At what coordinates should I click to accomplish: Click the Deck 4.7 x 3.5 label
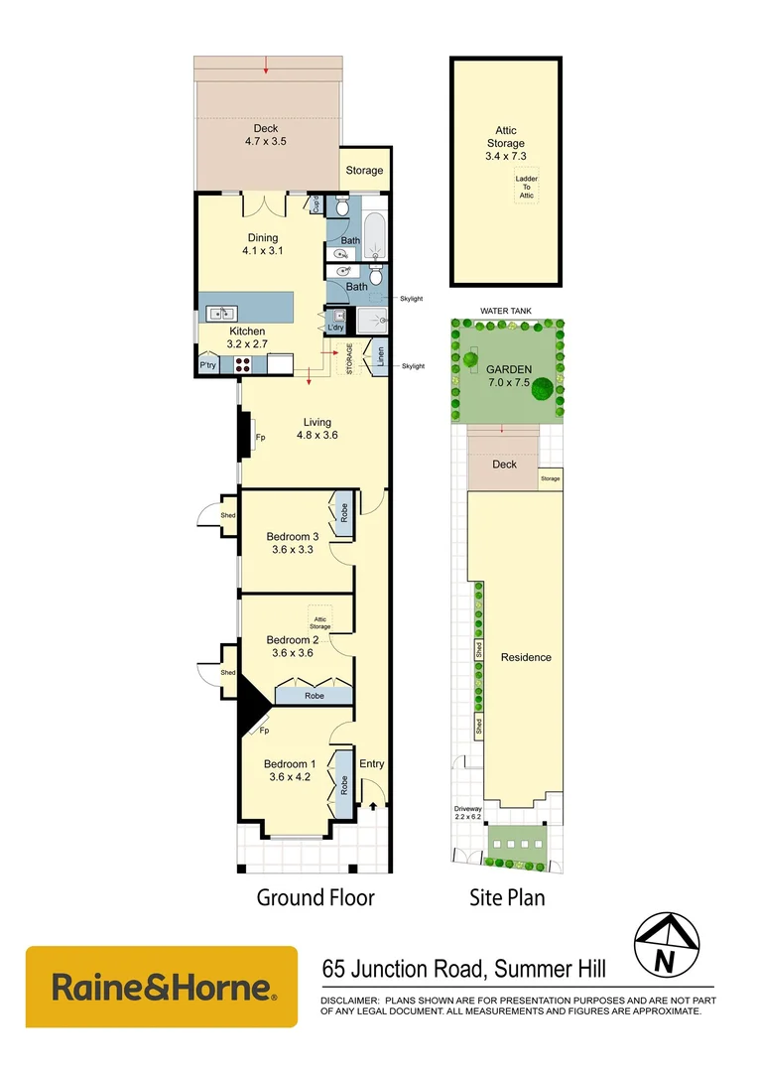(x=265, y=135)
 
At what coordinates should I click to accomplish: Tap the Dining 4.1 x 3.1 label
(x=262, y=244)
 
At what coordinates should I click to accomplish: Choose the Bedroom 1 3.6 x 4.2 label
(x=290, y=770)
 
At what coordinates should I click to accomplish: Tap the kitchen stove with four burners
(x=243, y=365)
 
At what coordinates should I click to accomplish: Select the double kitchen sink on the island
(x=218, y=314)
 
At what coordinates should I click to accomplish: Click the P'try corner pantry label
(x=207, y=366)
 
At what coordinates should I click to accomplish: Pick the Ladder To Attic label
(x=526, y=187)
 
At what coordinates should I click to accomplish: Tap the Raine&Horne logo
(x=161, y=988)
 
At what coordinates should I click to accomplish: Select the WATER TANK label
(x=506, y=311)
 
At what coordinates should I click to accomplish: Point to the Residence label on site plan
(x=526, y=657)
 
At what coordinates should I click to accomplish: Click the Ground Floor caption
(x=316, y=897)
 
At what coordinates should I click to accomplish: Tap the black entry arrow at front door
(x=373, y=806)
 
